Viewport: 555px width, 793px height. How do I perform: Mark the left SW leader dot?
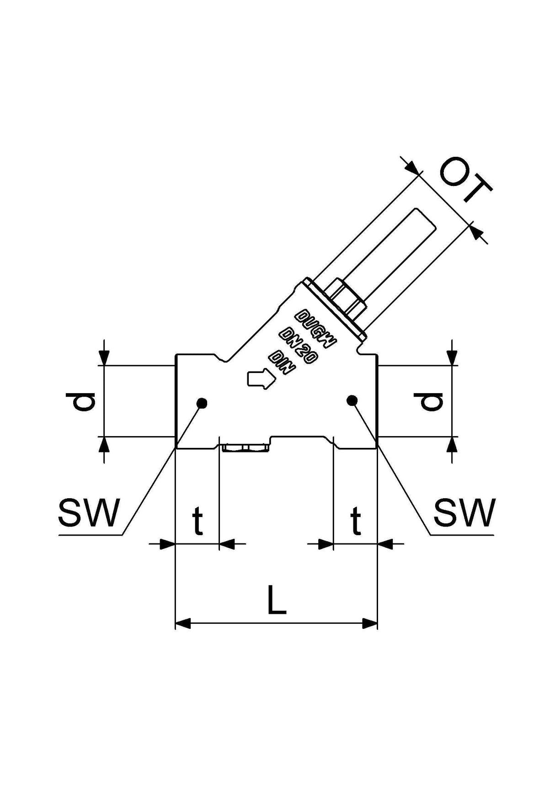[x=202, y=403]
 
